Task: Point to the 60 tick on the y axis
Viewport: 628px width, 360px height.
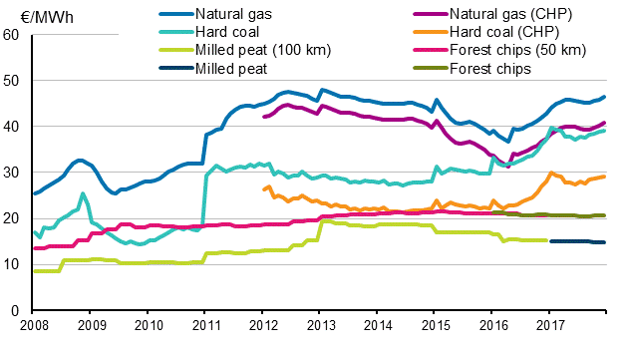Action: pyautogui.click(x=12, y=35)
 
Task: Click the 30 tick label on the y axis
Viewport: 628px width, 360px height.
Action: pyautogui.click(x=12, y=173)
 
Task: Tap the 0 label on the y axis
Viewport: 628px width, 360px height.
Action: pyautogui.click(x=16, y=310)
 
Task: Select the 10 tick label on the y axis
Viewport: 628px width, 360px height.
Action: pyautogui.click(x=12, y=264)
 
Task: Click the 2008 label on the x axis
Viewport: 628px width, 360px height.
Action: pyautogui.click(x=34, y=325)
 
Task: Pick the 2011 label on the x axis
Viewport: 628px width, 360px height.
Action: pyautogui.click(x=205, y=325)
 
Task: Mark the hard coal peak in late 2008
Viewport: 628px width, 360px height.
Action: pyautogui.click(x=84, y=193)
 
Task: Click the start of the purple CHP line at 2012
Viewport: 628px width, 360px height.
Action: pyautogui.click(x=263, y=117)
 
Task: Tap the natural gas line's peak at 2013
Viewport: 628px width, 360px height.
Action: pyautogui.click(x=321, y=90)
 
